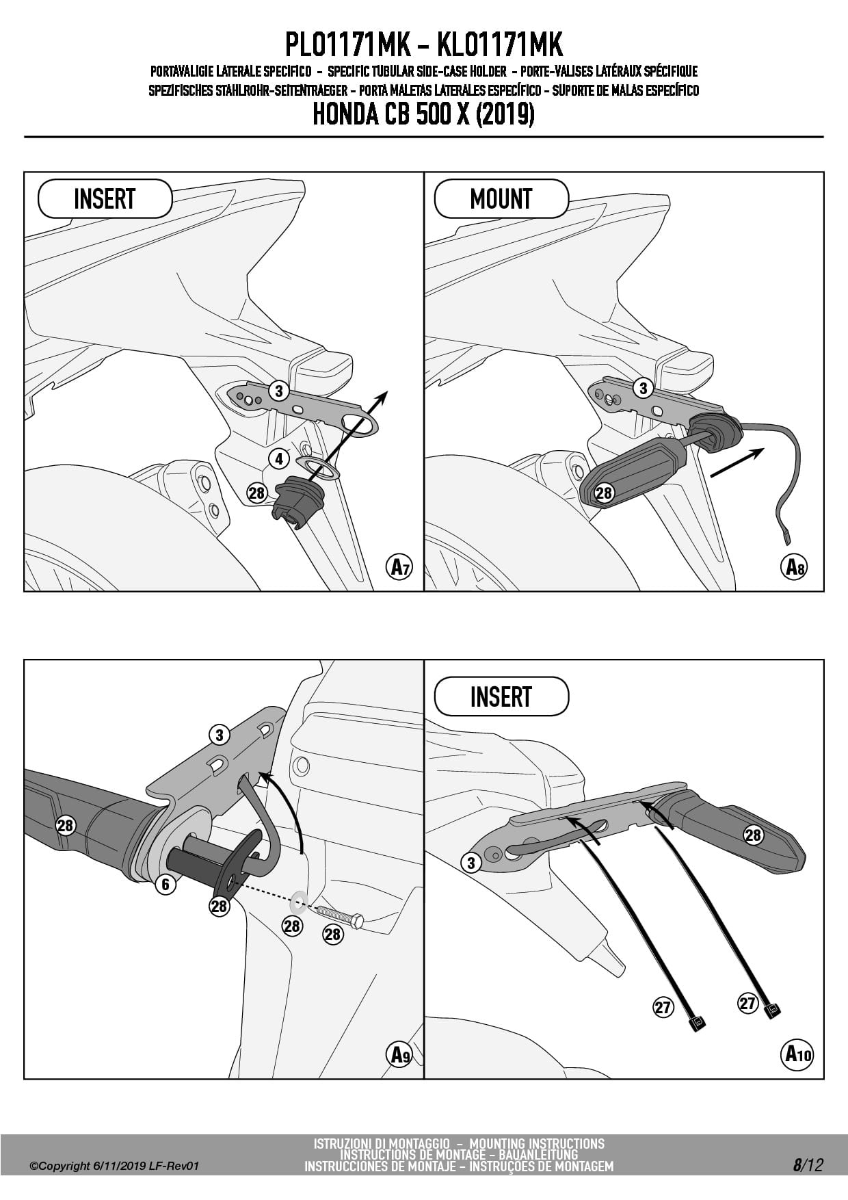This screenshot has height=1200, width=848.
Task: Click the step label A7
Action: (x=399, y=567)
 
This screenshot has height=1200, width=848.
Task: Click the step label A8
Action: (x=794, y=567)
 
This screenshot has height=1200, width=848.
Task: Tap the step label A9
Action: (x=399, y=1054)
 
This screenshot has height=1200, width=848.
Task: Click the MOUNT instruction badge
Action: (x=501, y=199)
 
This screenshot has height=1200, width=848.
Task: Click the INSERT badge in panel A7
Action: (x=105, y=199)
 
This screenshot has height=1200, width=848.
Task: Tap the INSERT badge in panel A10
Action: (x=501, y=696)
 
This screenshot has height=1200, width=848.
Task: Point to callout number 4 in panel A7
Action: (x=278, y=458)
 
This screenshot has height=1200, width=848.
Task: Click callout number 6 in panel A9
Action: (x=165, y=885)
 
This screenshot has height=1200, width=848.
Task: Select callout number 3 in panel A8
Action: (x=642, y=389)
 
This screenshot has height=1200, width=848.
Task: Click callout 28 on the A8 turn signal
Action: (x=604, y=493)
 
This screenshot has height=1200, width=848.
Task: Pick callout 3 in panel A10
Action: (x=471, y=863)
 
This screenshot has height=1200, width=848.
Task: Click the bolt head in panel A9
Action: (x=358, y=921)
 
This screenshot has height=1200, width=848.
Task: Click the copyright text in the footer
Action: (x=114, y=1166)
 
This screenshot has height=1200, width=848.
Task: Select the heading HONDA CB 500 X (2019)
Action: (x=423, y=114)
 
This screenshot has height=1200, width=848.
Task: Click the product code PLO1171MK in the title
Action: (x=347, y=45)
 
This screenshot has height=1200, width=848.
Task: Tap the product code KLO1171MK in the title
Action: (x=499, y=45)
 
